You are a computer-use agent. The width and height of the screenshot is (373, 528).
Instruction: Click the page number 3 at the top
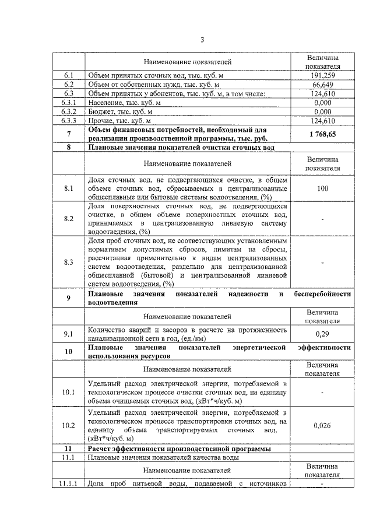(x=202, y=40)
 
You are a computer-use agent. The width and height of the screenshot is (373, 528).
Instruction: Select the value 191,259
(x=322, y=76)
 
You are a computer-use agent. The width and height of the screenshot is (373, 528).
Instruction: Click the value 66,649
(x=322, y=85)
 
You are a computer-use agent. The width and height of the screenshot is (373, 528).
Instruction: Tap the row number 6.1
(x=69, y=76)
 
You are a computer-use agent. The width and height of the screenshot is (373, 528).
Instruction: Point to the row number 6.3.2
(x=69, y=112)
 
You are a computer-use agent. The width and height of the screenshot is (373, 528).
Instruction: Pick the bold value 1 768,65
(x=322, y=134)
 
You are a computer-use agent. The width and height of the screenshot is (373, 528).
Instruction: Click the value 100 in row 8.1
(x=322, y=188)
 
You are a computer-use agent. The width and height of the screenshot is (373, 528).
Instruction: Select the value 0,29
(x=322, y=334)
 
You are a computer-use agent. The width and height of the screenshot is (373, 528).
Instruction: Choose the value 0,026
(x=322, y=426)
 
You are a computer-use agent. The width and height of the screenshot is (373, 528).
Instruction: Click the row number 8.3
(x=69, y=262)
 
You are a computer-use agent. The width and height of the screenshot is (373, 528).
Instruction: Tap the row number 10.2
(x=69, y=426)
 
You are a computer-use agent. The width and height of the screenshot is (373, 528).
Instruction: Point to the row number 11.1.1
(x=69, y=484)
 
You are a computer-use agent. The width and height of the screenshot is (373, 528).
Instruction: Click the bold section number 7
(x=69, y=134)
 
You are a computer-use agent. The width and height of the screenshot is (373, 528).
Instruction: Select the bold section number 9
(x=69, y=299)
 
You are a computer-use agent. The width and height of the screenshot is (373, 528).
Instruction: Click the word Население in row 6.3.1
(x=104, y=103)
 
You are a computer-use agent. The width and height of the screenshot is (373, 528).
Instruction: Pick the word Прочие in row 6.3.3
(x=100, y=121)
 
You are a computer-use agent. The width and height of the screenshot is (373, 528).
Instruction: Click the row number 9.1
(x=69, y=334)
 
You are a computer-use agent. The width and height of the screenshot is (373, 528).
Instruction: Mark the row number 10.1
(x=69, y=391)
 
